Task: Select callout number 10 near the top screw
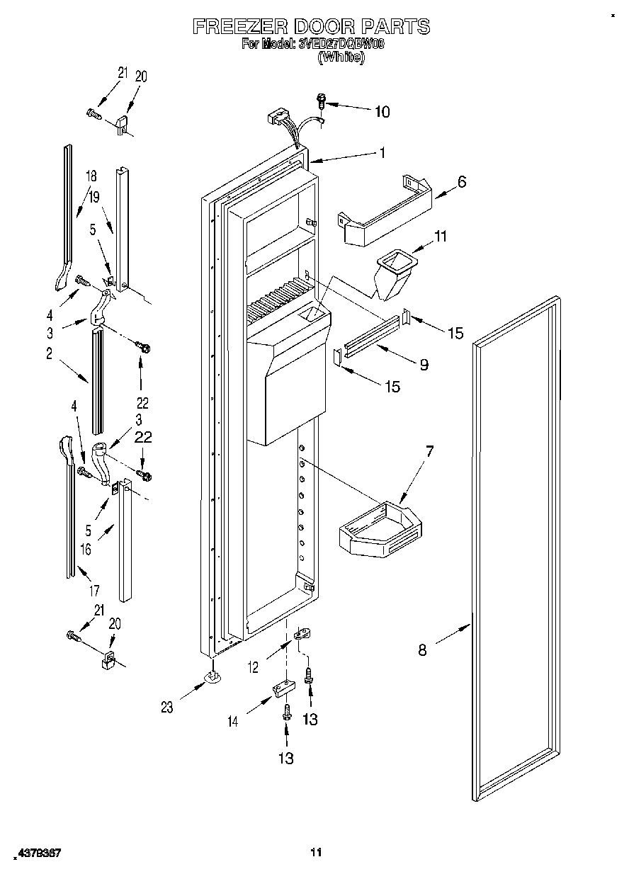[382, 111]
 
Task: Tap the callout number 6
[462, 181]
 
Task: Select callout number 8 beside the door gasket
[423, 649]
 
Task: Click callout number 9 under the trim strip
[423, 365]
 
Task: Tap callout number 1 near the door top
[382, 152]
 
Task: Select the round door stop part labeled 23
[212, 679]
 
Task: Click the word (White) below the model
[342, 58]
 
